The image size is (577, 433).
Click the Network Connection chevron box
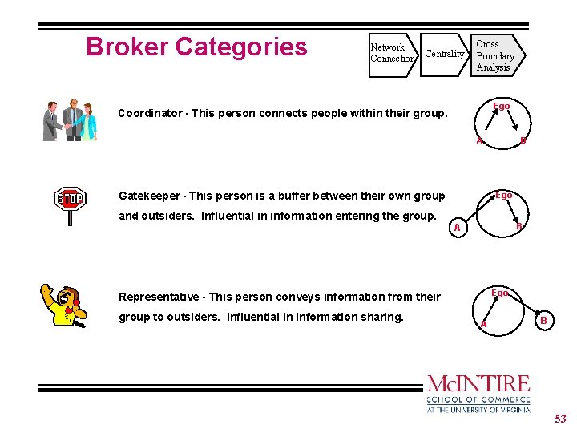[392, 53]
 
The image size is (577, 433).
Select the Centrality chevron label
[445, 54]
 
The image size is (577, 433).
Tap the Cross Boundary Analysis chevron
[496, 55]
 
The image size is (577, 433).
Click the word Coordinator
[149, 113]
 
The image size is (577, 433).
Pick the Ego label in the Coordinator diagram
[502, 107]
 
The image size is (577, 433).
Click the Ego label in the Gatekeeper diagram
[503, 195]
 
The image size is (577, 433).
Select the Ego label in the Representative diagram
[500, 293]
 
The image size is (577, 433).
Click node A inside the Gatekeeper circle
[457, 229]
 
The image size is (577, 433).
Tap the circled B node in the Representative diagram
[543, 321]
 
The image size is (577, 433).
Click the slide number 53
[561, 418]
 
